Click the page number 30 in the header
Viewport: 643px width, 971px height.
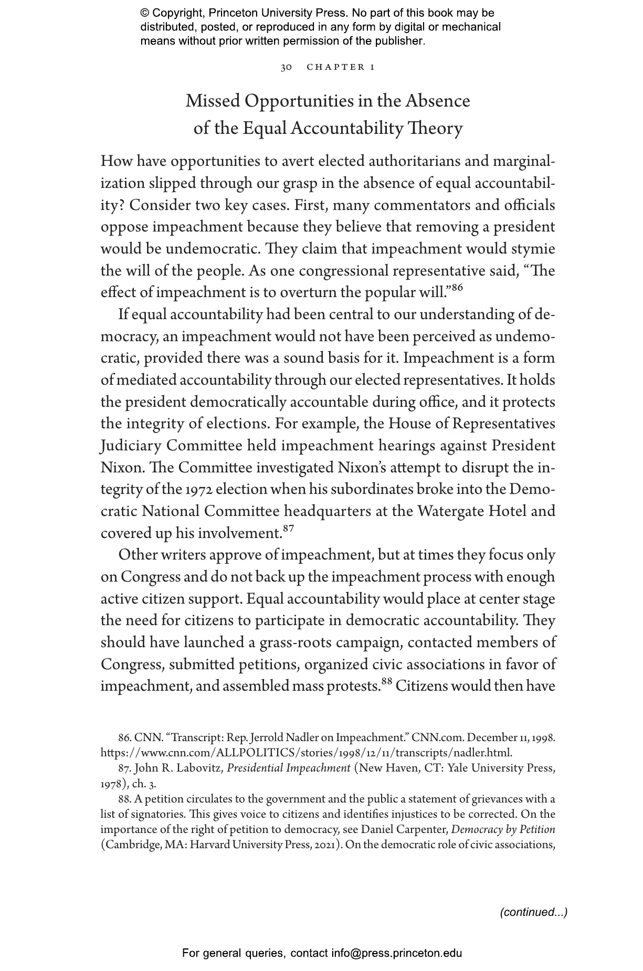[x=286, y=67]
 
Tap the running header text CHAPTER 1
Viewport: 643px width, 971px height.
[x=340, y=67]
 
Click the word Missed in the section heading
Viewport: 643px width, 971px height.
[x=213, y=101]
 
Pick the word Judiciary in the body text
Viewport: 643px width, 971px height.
[x=131, y=446]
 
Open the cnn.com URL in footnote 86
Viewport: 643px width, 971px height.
[x=306, y=753]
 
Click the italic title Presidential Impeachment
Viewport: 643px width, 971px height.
[x=288, y=768]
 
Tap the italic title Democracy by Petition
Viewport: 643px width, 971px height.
[x=503, y=830]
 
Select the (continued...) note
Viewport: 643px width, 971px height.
[x=533, y=912]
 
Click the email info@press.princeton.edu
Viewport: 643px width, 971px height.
[x=396, y=953]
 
